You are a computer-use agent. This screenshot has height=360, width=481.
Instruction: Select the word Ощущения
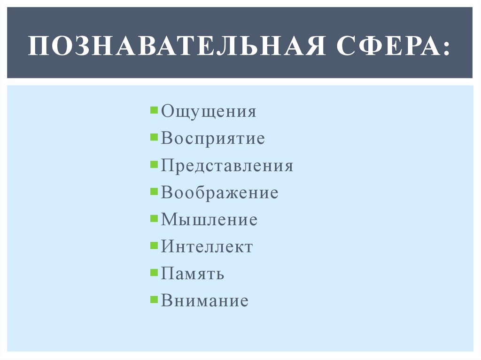tap(209, 112)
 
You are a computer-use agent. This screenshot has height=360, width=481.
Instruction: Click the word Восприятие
tap(213, 139)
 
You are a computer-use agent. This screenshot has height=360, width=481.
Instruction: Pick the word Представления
tap(227, 166)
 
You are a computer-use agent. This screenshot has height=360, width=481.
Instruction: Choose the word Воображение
tap(219, 193)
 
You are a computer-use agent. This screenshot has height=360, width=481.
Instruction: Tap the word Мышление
tap(209, 220)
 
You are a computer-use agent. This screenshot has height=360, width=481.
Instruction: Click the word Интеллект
tap(207, 247)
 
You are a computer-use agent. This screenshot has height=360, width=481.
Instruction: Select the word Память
tap(192, 274)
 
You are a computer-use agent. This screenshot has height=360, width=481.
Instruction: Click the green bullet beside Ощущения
tap(155, 110)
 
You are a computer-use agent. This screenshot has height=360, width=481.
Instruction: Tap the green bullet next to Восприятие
tap(155, 137)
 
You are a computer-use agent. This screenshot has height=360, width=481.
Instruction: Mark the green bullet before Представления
tap(155, 164)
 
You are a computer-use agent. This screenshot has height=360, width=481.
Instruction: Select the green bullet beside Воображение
tap(155, 191)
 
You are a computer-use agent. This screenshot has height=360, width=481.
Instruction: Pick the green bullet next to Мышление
tap(155, 218)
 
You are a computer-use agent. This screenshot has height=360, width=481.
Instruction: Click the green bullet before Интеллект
tap(155, 245)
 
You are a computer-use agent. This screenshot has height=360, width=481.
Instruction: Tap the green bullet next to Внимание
tap(155, 299)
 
